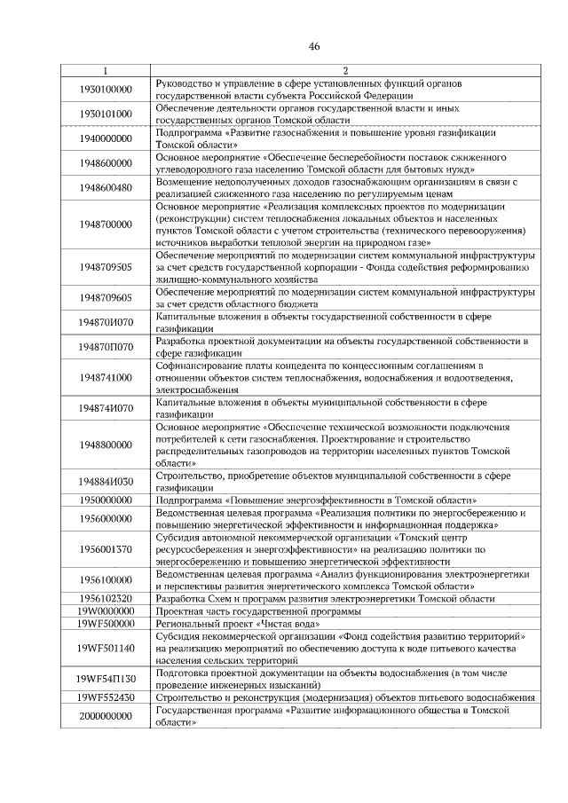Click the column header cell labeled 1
pos(105,70)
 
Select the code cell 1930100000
pos(105,89)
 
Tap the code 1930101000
pos(105,114)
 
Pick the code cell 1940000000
pos(105,138)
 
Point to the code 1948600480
pos(105,187)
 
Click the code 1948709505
pos(105,266)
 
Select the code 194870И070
pos(105,321)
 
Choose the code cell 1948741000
pos(105,377)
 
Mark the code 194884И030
pos(105,482)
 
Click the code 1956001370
pos(105,549)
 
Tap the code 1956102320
pos(105,599)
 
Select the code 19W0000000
pos(105,611)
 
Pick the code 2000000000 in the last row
pos(105,717)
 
